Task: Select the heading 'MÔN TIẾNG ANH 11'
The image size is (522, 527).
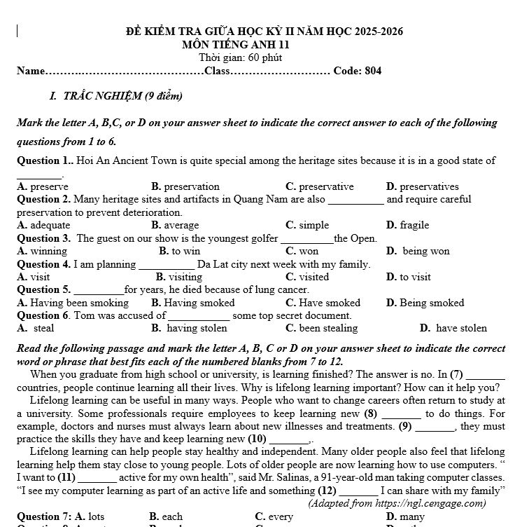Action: [x=236, y=45]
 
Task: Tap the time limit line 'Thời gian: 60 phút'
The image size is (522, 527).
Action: [x=241, y=57]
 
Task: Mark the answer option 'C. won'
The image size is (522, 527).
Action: [x=302, y=251]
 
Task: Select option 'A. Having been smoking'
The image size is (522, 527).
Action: [x=73, y=303]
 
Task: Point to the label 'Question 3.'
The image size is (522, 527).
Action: [x=43, y=238]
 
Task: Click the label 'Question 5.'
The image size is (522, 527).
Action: [x=43, y=289]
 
